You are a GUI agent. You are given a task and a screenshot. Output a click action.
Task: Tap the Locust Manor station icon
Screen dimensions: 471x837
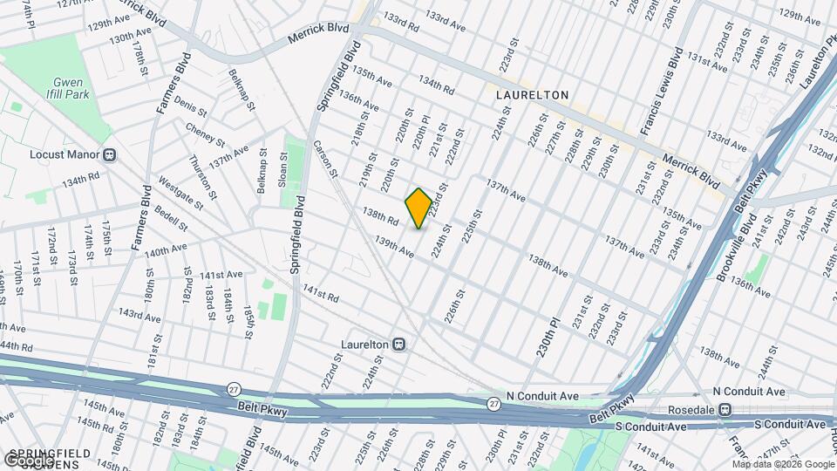(109, 155)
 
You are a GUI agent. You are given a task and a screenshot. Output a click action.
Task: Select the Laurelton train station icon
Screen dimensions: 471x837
(399, 345)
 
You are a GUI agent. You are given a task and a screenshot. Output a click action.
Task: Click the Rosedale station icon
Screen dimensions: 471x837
(725, 409)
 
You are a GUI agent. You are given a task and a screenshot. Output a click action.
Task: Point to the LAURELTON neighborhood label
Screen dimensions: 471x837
(532, 94)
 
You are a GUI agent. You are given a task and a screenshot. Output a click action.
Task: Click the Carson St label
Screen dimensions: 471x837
(325, 159)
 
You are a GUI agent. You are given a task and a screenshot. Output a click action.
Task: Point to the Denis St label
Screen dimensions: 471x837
(190, 108)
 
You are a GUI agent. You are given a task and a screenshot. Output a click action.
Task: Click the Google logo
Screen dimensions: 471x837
(29, 460)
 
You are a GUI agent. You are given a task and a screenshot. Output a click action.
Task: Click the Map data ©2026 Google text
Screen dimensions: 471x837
(782, 464)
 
